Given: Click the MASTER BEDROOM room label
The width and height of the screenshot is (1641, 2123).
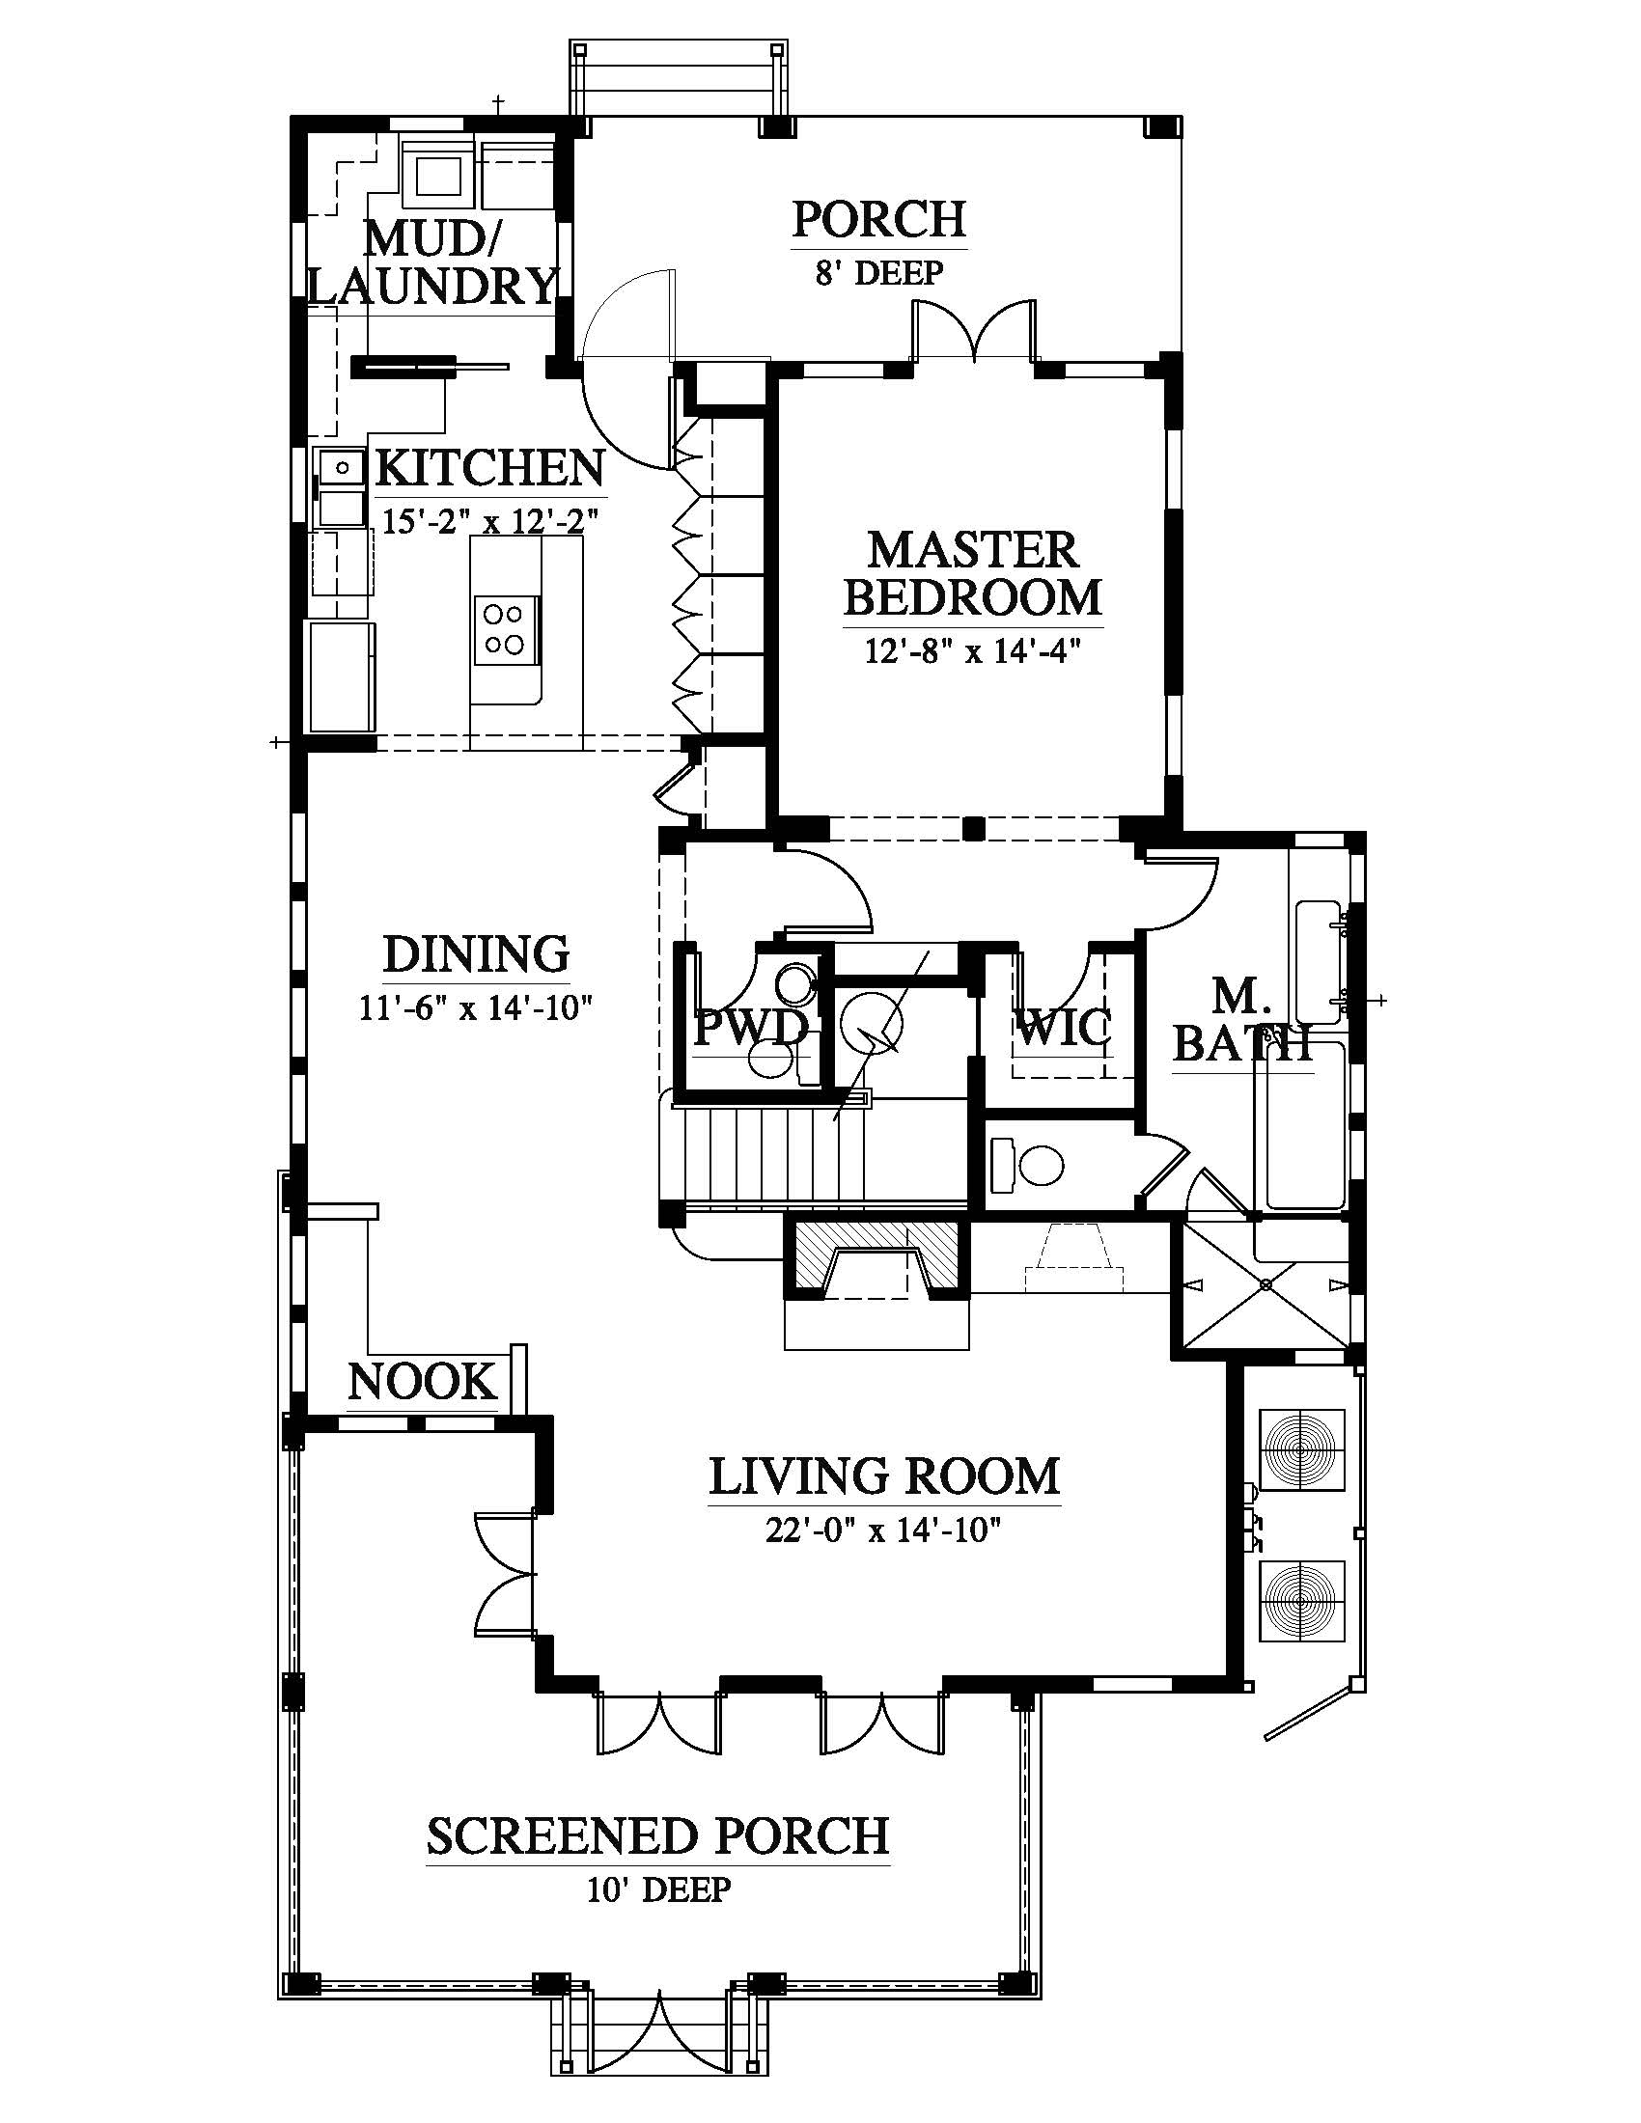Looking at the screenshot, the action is tap(972, 574).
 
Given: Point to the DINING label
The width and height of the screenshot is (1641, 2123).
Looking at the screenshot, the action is tap(476, 954).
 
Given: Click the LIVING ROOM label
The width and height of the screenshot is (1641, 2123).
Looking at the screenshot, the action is tap(883, 1476).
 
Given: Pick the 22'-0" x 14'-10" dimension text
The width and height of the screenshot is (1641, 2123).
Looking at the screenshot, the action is tap(883, 1531).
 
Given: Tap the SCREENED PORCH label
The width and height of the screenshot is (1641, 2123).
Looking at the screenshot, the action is tap(658, 1836).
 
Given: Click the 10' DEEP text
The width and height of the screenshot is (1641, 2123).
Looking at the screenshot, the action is tap(658, 1890).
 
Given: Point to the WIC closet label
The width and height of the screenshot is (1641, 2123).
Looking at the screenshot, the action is tap(1063, 1027).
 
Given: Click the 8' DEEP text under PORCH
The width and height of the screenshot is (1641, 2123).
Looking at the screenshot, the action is tap(878, 272).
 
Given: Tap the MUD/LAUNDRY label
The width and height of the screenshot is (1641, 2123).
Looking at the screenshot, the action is tap(432, 261).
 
